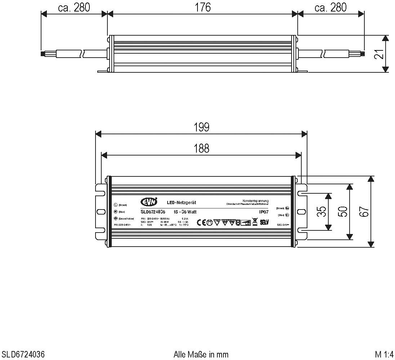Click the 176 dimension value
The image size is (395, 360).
[203, 7]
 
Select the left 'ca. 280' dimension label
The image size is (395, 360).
[74, 7]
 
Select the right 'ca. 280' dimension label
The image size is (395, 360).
[330, 7]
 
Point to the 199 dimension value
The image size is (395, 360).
[201, 127]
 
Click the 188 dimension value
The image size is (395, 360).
[201, 148]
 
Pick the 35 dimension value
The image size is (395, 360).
[323, 212]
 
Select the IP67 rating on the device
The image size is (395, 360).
[264, 212]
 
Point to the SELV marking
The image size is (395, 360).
[264, 222]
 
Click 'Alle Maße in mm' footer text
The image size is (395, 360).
[201, 354]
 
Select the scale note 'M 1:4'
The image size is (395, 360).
[384, 354]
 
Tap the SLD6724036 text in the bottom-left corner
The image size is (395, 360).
[23, 354]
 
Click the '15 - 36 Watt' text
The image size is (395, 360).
[185, 212]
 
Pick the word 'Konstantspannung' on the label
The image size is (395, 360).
[256, 201]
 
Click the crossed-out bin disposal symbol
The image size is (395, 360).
[254, 222]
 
